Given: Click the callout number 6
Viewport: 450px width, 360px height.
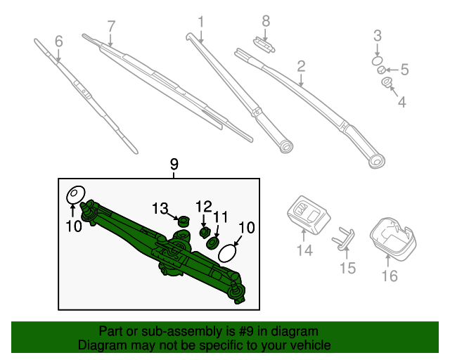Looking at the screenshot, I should tap(58, 41).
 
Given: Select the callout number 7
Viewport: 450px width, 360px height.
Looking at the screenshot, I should tap(110, 27).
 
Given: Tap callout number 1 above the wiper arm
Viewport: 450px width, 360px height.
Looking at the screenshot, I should tap(200, 22).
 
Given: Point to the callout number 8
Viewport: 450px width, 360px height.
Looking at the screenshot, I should tap(266, 21).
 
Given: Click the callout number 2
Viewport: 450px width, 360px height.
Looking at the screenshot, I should tap(301, 67).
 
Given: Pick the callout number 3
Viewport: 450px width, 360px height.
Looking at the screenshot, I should tap(378, 35).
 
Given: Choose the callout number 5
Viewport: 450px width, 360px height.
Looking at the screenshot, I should tap(404, 69).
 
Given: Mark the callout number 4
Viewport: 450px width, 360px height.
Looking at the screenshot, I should tap(401, 103).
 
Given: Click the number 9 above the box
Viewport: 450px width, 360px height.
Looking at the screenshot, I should tap(174, 165).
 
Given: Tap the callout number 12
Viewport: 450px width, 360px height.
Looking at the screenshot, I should tap(203, 206).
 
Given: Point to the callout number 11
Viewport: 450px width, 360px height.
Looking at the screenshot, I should tap(221, 217).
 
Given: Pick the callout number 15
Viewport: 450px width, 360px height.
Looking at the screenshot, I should tap(348, 268).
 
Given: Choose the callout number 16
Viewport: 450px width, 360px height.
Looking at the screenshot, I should tap(390, 276).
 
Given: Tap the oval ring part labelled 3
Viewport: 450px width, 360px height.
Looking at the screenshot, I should tap(378, 61).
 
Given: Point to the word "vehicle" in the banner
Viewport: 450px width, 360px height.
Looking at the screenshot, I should tap(311, 345).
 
